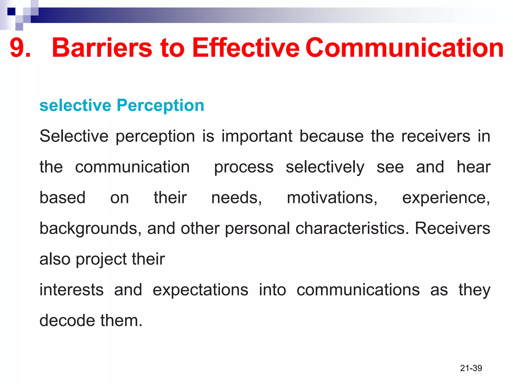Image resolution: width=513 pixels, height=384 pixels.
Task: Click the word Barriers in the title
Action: (x=102, y=47)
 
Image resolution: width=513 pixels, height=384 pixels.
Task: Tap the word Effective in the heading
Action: (x=245, y=47)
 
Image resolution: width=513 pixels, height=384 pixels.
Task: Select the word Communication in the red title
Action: (x=404, y=47)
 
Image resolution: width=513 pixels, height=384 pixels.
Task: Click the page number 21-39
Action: (x=471, y=368)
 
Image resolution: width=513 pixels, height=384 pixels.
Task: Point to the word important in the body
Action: (x=257, y=136)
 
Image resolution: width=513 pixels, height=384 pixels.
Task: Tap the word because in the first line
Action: (x=331, y=136)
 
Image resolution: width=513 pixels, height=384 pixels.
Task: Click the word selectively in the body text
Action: (x=325, y=167)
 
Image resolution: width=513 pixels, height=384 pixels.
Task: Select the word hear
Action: (x=473, y=167)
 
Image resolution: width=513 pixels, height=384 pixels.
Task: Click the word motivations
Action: (x=332, y=198)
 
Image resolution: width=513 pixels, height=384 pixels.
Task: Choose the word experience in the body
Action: (x=446, y=198)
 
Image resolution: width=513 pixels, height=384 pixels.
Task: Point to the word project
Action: (x=101, y=259)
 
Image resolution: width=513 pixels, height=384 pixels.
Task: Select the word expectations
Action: (x=200, y=290)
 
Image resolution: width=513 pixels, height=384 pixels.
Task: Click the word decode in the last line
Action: (x=67, y=320)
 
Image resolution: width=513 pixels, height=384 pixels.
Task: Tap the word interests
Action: (x=71, y=290)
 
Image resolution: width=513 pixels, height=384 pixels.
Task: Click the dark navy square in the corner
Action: (x=11, y=11)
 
